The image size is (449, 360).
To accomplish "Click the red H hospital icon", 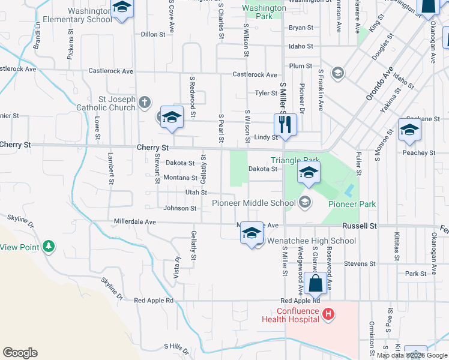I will pos(328,313).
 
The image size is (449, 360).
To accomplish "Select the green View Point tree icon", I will pos(49,246).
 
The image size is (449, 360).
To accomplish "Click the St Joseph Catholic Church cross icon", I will pos(144,103).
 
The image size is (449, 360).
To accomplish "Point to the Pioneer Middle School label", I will pos(254,203).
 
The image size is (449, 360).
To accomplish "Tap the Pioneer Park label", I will pos(352,204).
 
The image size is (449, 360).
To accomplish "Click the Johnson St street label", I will pos(180,208).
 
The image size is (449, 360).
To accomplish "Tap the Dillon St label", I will pos(153,35).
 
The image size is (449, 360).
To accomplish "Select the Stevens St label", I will pos(360,263).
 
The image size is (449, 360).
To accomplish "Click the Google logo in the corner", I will pos(20,353).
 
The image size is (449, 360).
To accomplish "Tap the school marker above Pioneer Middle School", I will pos(309,173).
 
